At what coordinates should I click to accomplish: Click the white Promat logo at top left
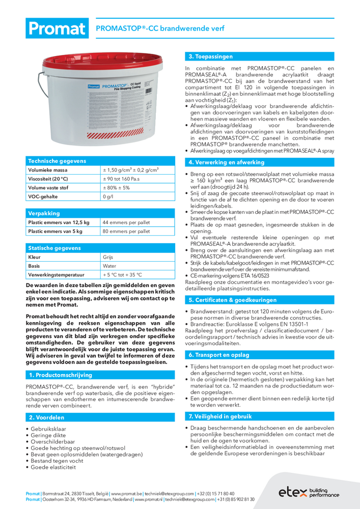pyautogui.click(x=57, y=29)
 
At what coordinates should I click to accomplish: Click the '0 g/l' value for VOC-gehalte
pyautogui.click(x=107, y=196)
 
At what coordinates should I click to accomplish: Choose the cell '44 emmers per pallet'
pyautogui.click(x=126, y=222)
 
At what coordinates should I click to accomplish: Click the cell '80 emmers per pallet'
pyautogui.click(x=126, y=231)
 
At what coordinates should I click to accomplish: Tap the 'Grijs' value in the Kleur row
pyautogui.click(x=108, y=257)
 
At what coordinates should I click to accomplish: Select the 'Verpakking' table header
pyautogui.click(x=44, y=213)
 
